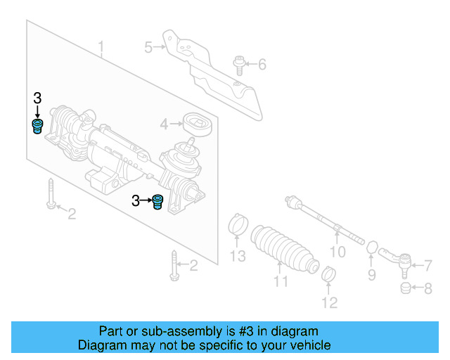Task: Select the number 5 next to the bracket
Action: pyautogui.click(x=148, y=48)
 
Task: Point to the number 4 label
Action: pyautogui.click(x=164, y=125)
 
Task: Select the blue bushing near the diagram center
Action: pyautogui.click(x=158, y=202)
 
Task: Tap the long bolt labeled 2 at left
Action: pyautogui.click(x=51, y=195)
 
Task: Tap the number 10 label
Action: pyautogui.click(x=338, y=251)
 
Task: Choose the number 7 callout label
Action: pyautogui.click(x=428, y=265)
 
